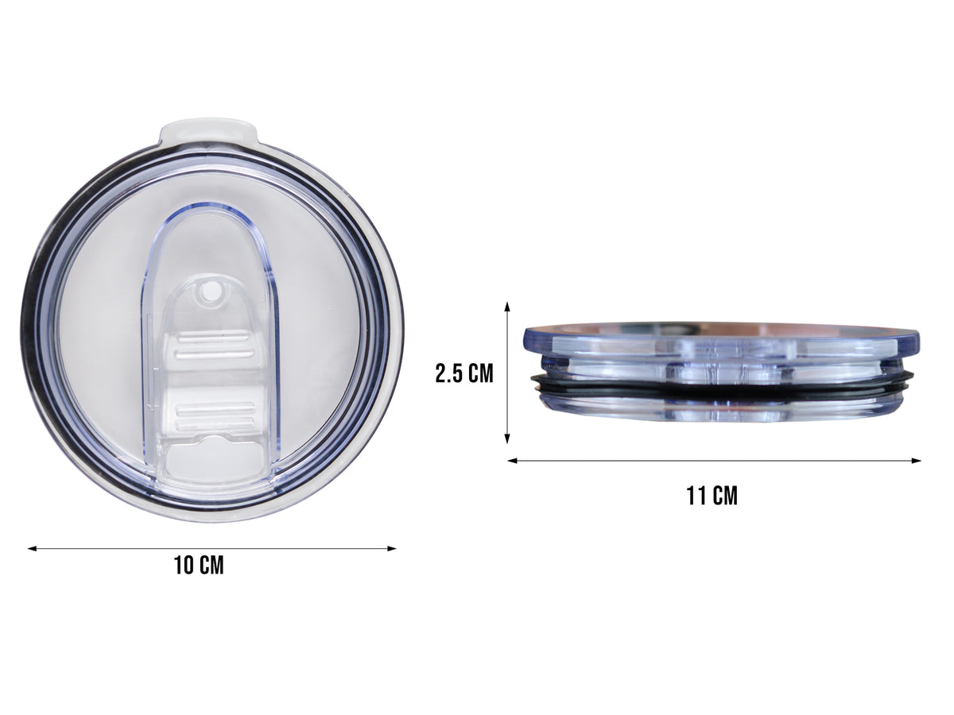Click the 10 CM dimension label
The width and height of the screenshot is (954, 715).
tap(199, 566)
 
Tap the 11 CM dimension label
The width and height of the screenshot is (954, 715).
tap(712, 497)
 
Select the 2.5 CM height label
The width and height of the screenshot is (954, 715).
tap(464, 373)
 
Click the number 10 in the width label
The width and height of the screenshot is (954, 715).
tap(184, 566)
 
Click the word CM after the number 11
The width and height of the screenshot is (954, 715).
tap(724, 497)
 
